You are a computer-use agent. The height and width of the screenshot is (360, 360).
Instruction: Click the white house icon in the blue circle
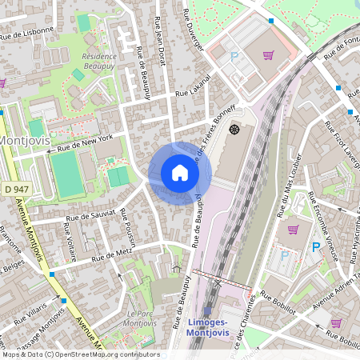pyautogui.click(x=180, y=173)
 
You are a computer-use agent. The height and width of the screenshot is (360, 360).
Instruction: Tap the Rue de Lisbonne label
pyautogui.click(x=27, y=33)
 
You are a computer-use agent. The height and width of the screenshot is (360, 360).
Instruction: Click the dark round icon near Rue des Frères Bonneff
pyautogui.click(x=234, y=129)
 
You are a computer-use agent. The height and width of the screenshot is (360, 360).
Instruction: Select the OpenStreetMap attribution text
pyautogui.click(x=80, y=354)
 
